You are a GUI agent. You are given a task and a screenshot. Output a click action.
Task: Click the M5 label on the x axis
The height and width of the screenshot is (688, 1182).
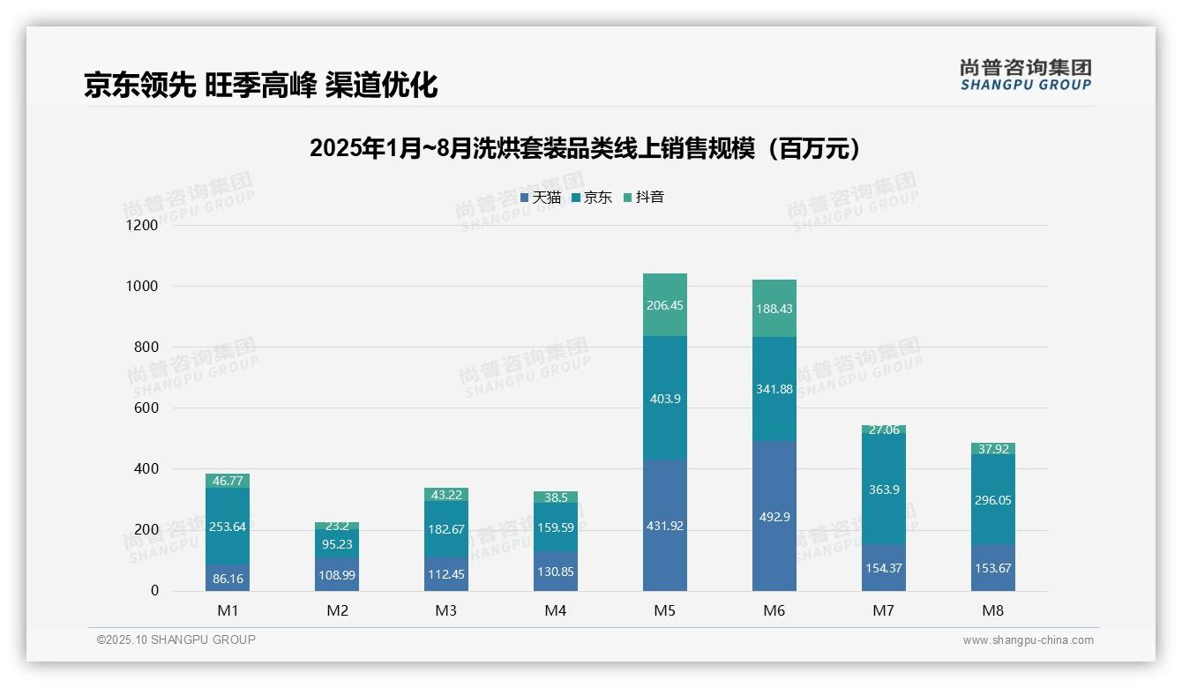coord(664,610)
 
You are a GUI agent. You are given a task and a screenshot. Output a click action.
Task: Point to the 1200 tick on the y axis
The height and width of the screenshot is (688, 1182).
coord(141,226)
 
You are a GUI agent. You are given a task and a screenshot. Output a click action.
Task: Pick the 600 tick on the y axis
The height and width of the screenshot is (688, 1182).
coord(146,408)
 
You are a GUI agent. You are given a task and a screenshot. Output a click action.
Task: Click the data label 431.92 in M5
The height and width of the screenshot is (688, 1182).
coord(664,526)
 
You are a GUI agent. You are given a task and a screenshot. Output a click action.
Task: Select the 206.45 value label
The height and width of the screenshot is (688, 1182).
coord(664,305)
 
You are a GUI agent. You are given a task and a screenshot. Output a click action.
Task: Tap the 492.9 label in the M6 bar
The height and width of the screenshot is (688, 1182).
coord(774,517)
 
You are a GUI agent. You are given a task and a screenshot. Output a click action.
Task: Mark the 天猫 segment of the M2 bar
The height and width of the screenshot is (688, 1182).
coord(337,574)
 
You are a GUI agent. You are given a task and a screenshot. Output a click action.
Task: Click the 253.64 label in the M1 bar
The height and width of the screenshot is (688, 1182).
coord(228,527)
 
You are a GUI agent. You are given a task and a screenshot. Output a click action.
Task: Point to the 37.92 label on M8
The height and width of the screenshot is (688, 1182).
coord(993,449)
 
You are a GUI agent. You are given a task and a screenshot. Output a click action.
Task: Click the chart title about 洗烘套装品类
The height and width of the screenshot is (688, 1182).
coord(585,148)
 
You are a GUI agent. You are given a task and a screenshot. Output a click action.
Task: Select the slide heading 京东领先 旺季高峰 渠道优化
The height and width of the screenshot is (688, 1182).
coord(261,85)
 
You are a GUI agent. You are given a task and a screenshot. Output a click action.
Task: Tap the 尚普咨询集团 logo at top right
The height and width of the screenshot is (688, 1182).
coord(1025,74)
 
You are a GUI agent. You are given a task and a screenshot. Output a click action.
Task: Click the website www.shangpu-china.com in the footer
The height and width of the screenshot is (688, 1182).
coord(1028,640)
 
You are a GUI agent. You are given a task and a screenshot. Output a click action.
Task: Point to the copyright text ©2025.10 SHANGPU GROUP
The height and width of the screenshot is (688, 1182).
coord(176,640)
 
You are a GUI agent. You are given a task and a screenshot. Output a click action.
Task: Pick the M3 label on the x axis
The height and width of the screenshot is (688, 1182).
coord(445,610)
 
